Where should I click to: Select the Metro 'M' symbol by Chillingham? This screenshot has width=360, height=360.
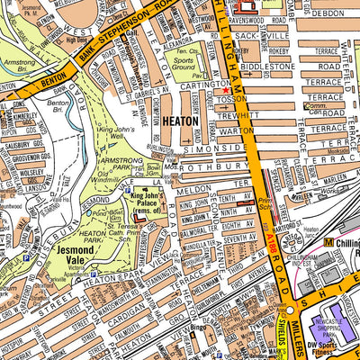[328, 243]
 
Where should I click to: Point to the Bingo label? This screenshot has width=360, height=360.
[200, 328]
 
